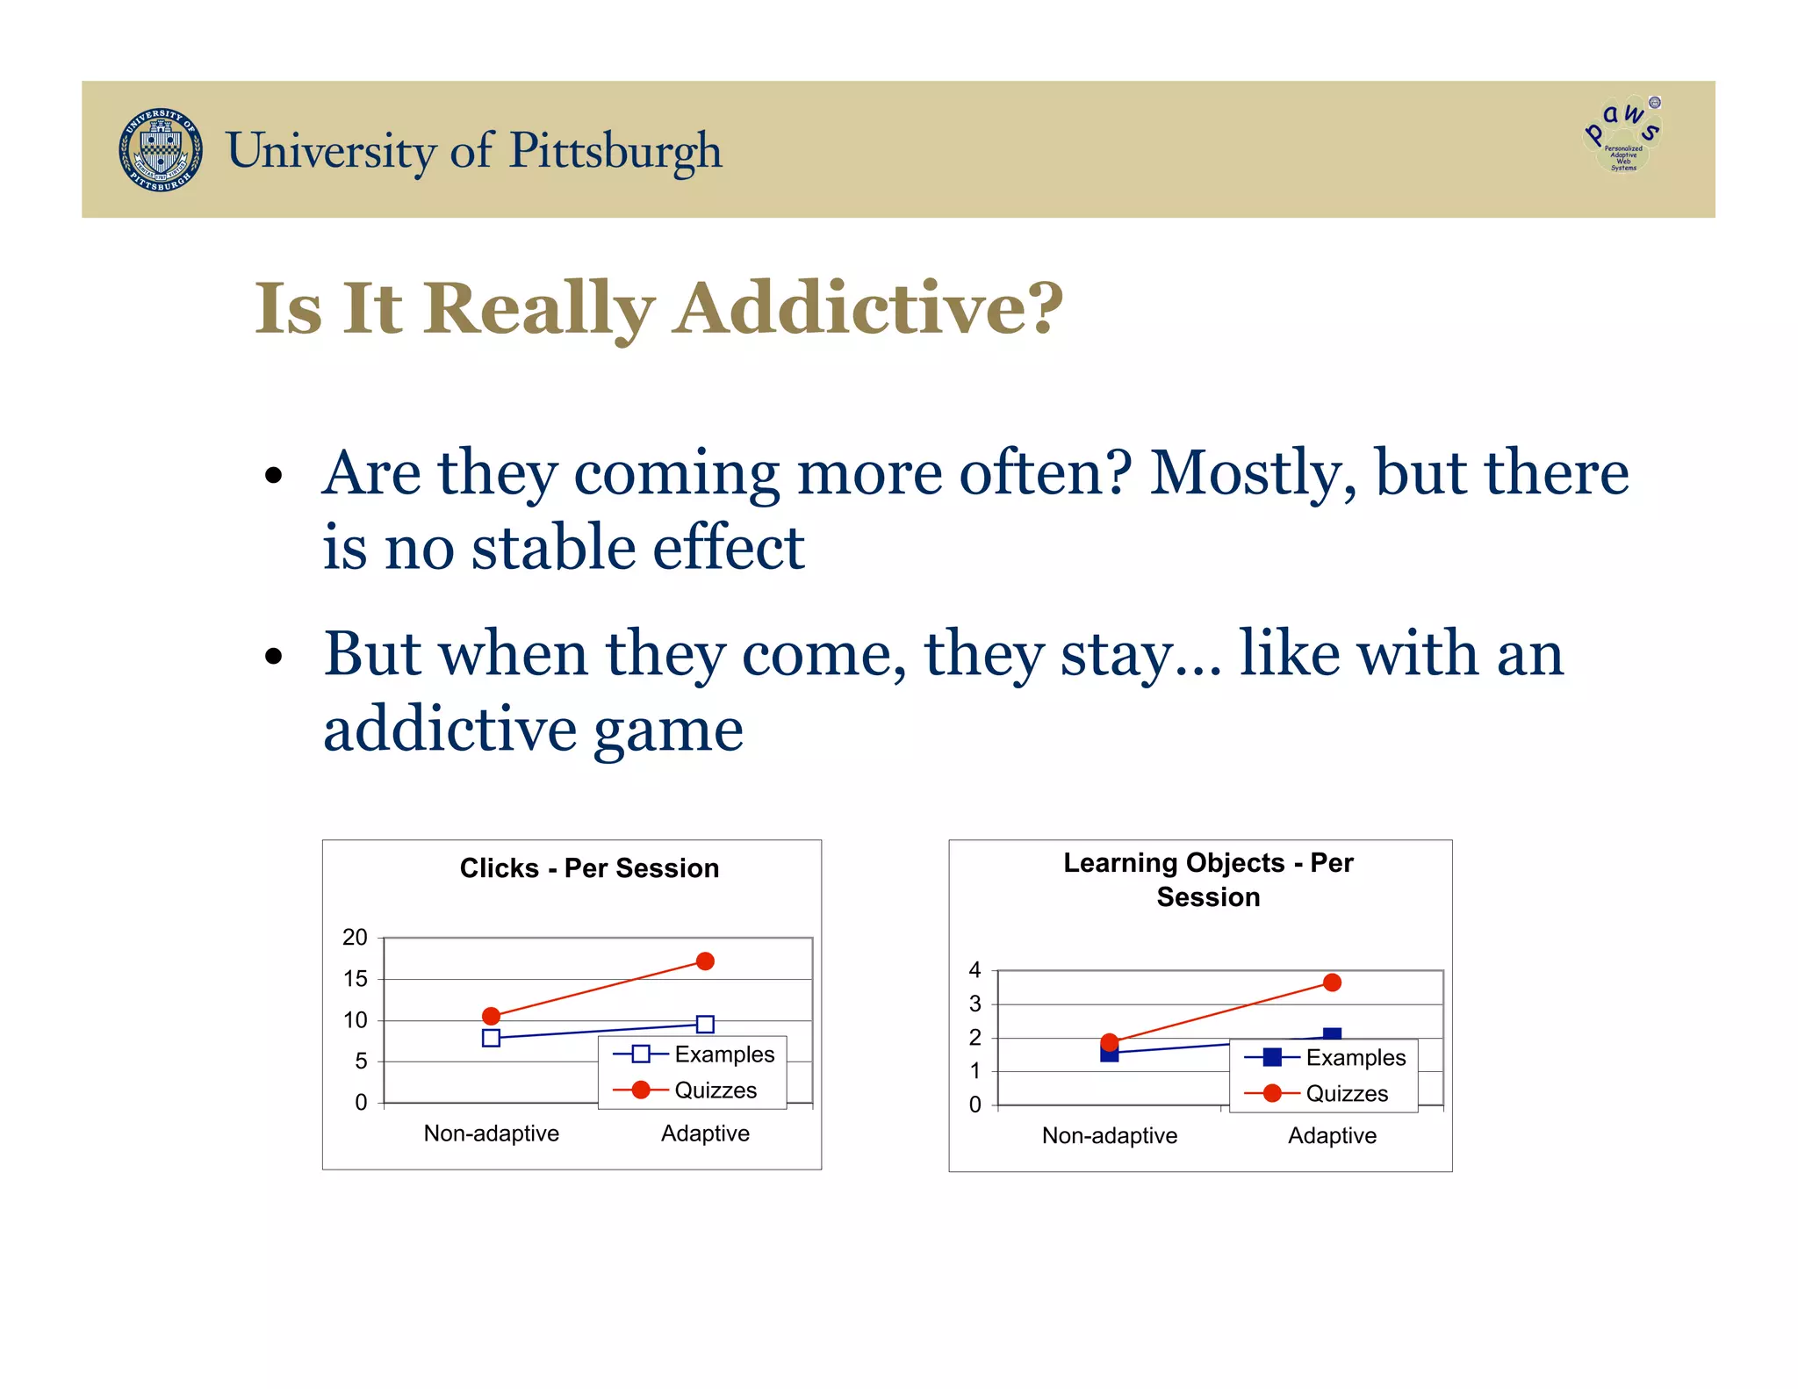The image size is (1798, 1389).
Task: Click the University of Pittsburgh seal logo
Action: tap(161, 150)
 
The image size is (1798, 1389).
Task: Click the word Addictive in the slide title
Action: tap(867, 308)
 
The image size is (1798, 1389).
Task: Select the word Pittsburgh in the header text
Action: tap(615, 151)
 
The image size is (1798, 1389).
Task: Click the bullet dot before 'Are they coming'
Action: tap(274, 476)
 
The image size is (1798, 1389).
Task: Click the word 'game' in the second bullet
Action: tap(668, 730)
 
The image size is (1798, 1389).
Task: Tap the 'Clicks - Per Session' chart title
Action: tap(589, 868)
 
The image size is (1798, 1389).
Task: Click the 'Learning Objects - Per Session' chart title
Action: tap(1208, 880)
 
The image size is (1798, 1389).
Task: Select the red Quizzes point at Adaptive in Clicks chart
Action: tap(705, 961)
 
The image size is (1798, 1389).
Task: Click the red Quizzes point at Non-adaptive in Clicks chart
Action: tap(492, 1016)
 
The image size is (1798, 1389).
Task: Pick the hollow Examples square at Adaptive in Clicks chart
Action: tap(705, 1024)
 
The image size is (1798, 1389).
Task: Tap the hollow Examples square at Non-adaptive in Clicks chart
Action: tap(492, 1038)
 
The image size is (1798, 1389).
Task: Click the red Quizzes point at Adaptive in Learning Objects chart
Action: tap(1332, 982)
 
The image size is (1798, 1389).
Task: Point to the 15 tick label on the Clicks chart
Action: tap(355, 979)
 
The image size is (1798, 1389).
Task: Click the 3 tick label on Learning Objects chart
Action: tap(975, 1004)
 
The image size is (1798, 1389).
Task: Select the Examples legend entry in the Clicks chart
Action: tap(694, 1054)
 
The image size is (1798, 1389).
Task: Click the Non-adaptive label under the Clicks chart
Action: tap(491, 1134)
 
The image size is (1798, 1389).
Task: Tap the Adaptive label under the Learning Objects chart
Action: tap(1332, 1136)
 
